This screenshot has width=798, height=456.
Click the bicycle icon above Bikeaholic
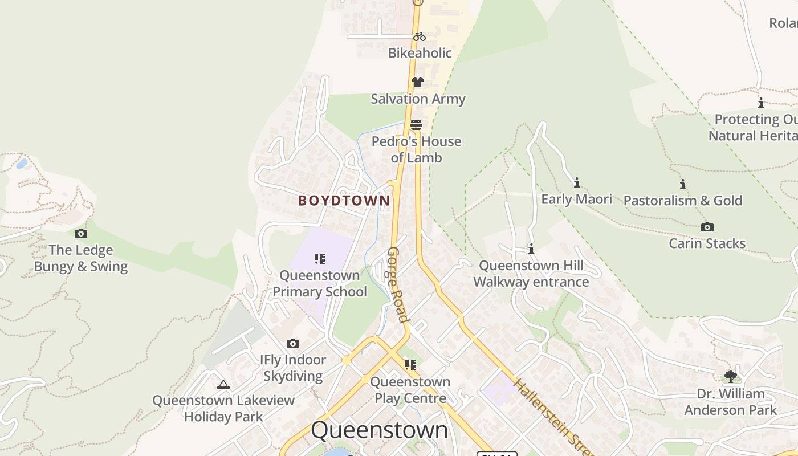click(x=420, y=36)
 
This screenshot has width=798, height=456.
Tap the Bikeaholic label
click(x=420, y=53)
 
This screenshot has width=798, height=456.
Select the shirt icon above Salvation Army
click(x=418, y=82)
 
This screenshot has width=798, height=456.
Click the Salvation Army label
click(x=418, y=99)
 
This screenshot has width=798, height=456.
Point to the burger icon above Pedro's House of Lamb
click(x=416, y=125)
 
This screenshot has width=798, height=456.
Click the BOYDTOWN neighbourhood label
click(x=344, y=201)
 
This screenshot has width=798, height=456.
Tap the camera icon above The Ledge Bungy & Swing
click(x=81, y=233)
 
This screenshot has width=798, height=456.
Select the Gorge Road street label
click(x=398, y=284)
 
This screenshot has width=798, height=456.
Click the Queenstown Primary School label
click(x=320, y=283)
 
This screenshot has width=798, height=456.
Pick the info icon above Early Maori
click(x=577, y=182)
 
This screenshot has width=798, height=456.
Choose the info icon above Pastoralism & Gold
click(x=683, y=184)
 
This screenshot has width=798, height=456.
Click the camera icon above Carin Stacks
click(x=707, y=227)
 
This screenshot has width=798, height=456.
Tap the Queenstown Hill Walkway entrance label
click(x=531, y=274)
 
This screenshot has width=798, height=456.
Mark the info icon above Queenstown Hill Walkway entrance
click(x=531, y=249)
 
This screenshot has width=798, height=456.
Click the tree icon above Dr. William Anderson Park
click(x=730, y=376)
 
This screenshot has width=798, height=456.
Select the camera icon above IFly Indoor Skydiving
click(x=293, y=343)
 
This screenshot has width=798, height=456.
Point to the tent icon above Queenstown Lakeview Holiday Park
click(x=223, y=384)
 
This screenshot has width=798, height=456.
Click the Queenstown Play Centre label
click(x=410, y=390)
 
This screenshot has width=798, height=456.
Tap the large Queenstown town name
click(x=380, y=430)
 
